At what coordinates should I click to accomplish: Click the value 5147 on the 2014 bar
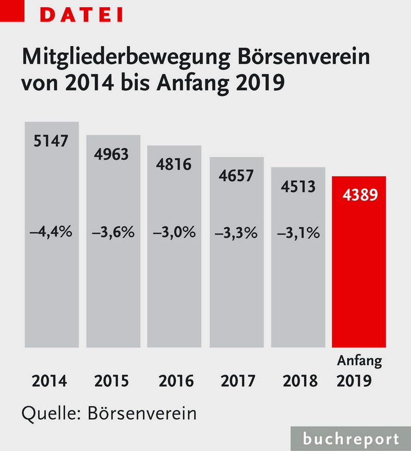click(50, 141)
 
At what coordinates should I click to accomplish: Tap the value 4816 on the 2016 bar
click(174, 165)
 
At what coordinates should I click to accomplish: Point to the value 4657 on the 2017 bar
click(236, 175)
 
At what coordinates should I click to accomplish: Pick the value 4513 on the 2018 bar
click(298, 186)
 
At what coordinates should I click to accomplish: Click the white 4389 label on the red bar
click(360, 195)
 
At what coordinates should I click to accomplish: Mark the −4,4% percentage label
click(51, 232)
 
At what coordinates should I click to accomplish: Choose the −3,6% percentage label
click(113, 232)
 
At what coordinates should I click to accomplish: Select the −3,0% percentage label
click(174, 232)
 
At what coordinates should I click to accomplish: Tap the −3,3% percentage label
click(236, 232)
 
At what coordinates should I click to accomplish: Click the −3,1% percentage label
click(298, 232)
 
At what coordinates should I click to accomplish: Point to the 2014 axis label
click(50, 382)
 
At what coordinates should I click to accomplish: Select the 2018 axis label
click(301, 382)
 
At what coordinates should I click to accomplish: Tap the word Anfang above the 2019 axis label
click(360, 361)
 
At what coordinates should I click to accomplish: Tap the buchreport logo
click(350, 439)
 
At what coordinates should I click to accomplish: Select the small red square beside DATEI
click(11, 10)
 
